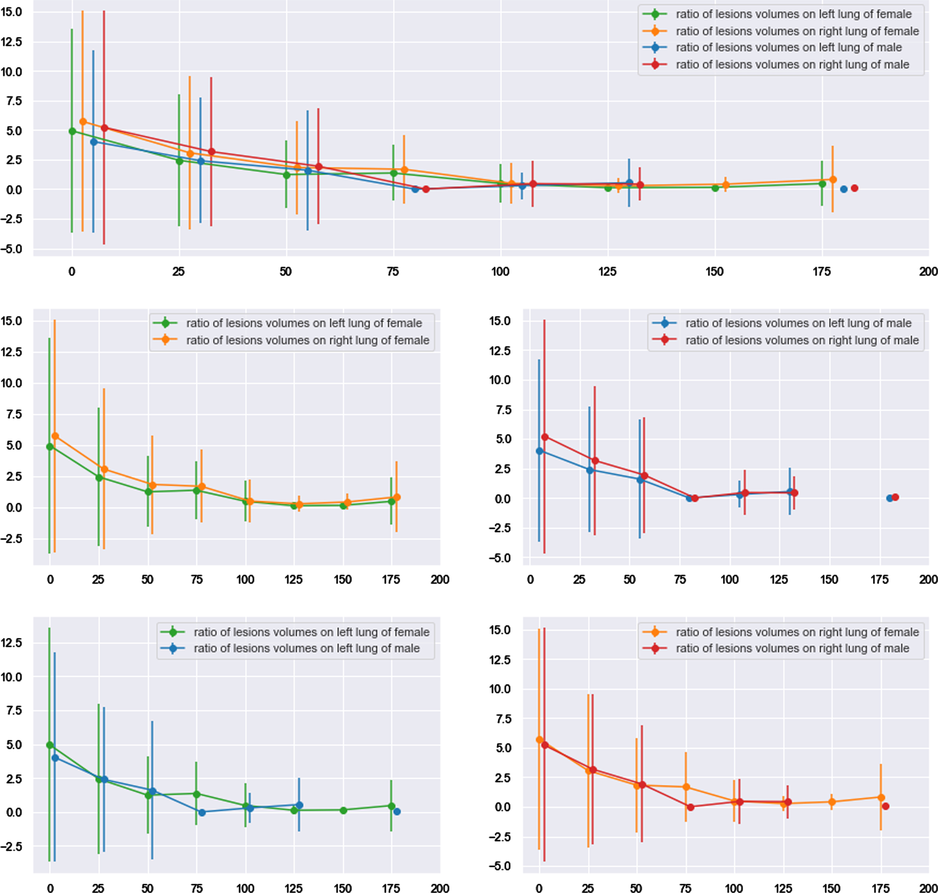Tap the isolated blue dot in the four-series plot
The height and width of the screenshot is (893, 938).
pos(844,189)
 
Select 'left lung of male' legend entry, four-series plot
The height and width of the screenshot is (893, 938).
pos(789,48)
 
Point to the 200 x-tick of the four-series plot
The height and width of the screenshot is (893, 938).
pos(928,272)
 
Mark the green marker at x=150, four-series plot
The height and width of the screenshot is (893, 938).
pos(715,188)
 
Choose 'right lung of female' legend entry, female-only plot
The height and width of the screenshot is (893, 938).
pos(308,340)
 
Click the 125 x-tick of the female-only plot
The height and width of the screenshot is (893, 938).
pos(293,580)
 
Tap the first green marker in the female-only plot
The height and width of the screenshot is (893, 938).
pos(50,446)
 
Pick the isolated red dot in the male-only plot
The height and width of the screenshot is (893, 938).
pos(895,497)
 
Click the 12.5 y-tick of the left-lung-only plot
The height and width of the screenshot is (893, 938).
pos(12,643)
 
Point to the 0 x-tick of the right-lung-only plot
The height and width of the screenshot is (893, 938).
pos(539,888)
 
